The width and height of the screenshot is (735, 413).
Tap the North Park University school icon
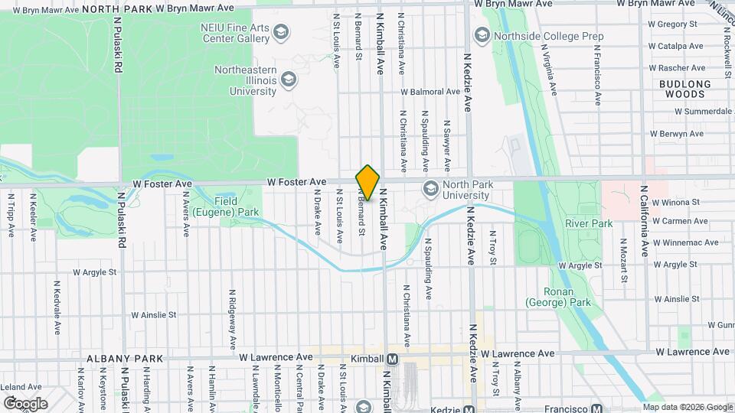click(x=431, y=188)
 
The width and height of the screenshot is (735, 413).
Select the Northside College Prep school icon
click(x=482, y=35)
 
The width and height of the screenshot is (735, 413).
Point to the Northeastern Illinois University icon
click(x=289, y=80)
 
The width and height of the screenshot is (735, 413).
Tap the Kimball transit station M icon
click(x=393, y=359)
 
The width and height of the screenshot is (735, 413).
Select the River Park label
click(x=589, y=223)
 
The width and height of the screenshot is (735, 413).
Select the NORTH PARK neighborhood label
click(x=127, y=8)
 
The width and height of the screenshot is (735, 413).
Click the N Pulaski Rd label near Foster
click(x=121, y=219)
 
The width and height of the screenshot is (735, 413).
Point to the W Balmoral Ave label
click(x=432, y=92)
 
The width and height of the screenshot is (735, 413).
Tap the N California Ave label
click(x=645, y=220)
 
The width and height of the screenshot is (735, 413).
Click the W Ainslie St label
click(x=154, y=314)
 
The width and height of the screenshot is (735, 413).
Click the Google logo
click(x=25, y=403)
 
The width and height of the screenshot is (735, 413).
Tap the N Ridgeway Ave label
click(x=231, y=317)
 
